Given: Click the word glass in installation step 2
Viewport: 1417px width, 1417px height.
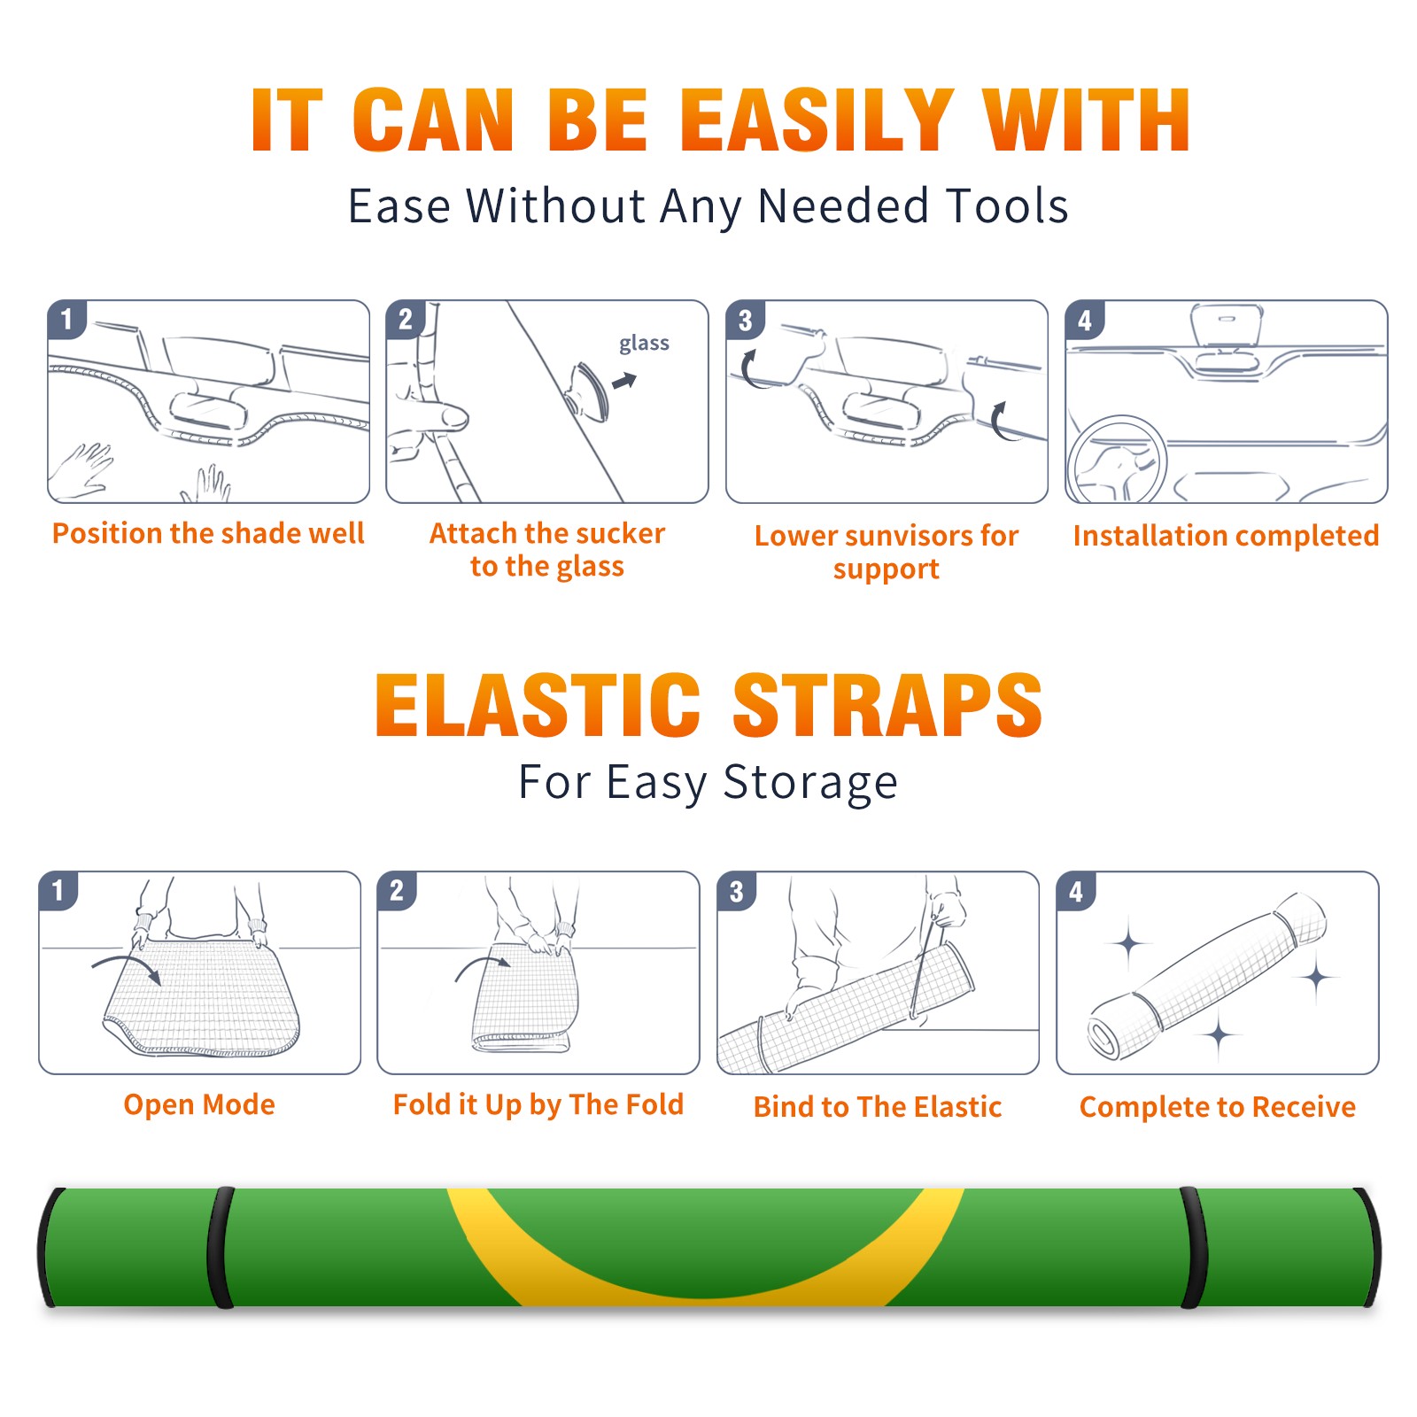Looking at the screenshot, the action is [x=644, y=344].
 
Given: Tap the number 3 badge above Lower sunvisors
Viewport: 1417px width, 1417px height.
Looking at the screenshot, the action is [x=745, y=320].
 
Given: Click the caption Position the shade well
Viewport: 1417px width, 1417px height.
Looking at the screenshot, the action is [x=208, y=533].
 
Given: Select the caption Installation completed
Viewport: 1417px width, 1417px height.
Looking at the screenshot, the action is [x=1226, y=535].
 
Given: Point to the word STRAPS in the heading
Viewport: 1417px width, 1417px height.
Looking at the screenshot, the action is [x=887, y=705].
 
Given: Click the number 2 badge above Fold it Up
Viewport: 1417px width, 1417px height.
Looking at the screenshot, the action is [x=396, y=890].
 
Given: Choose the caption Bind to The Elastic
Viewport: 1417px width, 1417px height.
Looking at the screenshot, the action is [x=877, y=1106].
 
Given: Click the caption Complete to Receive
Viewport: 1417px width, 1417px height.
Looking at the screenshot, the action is [x=1217, y=1107].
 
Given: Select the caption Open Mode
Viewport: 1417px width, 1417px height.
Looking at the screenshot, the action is [x=199, y=1104].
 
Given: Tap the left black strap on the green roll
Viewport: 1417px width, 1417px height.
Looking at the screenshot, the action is [x=221, y=1248].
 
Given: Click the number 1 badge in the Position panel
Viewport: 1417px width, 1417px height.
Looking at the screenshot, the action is [x=66, y=319].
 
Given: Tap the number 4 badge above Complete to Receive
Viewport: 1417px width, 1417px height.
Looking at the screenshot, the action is [x=1075, y=891].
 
